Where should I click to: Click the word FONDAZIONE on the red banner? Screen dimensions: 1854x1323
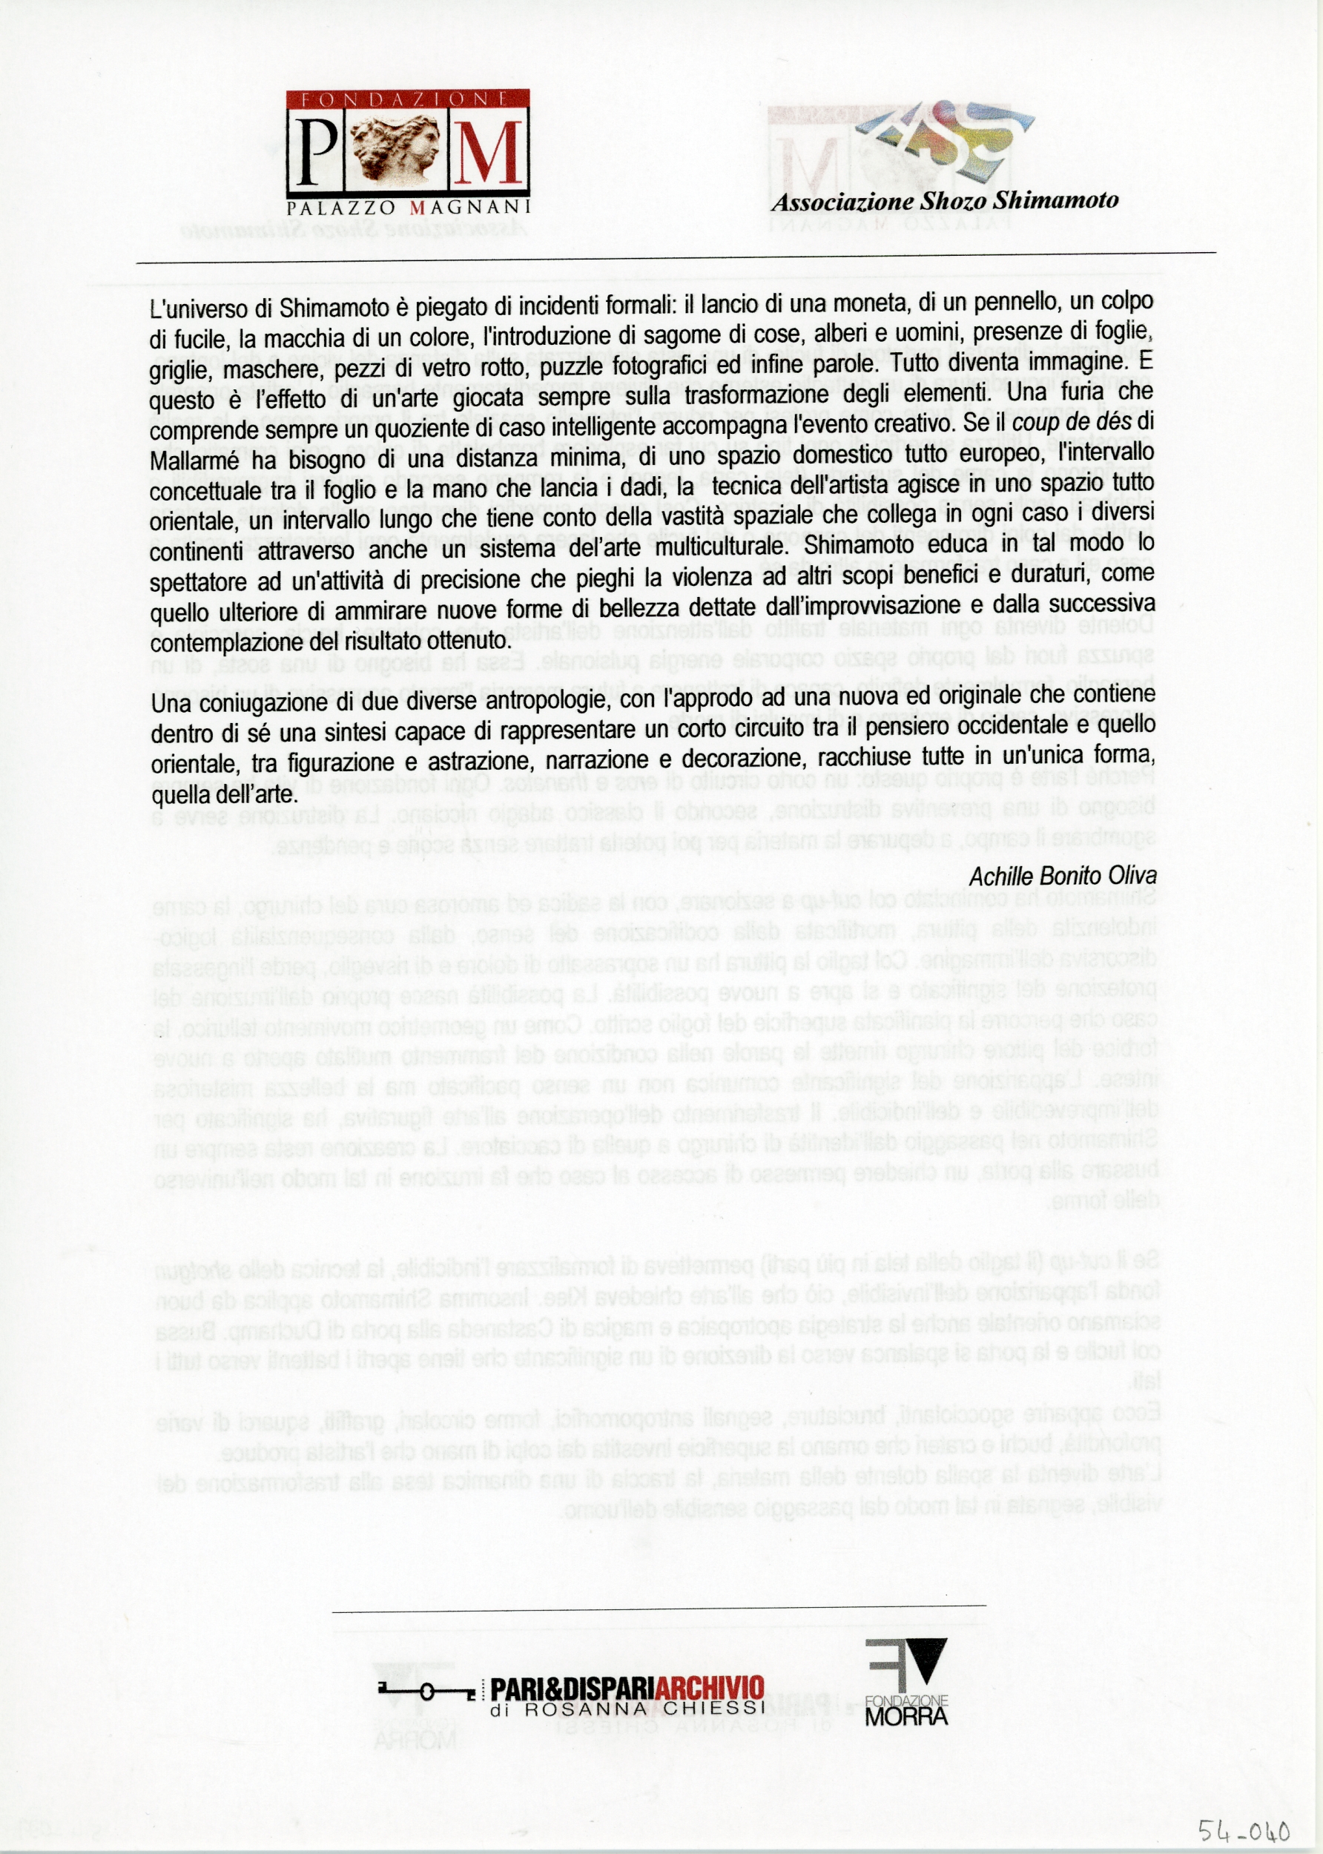click(x=407, y=99)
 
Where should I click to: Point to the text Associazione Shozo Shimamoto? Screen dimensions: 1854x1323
click(x=945, y=200)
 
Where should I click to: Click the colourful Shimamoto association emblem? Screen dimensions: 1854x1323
click(x=945, y=134)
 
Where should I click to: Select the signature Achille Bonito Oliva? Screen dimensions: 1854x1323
click(x=1062, y=876)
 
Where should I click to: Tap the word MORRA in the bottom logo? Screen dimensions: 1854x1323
click(x=906, y=1715)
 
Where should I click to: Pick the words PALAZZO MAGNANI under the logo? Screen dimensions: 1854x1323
click(x=408, y=207)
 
